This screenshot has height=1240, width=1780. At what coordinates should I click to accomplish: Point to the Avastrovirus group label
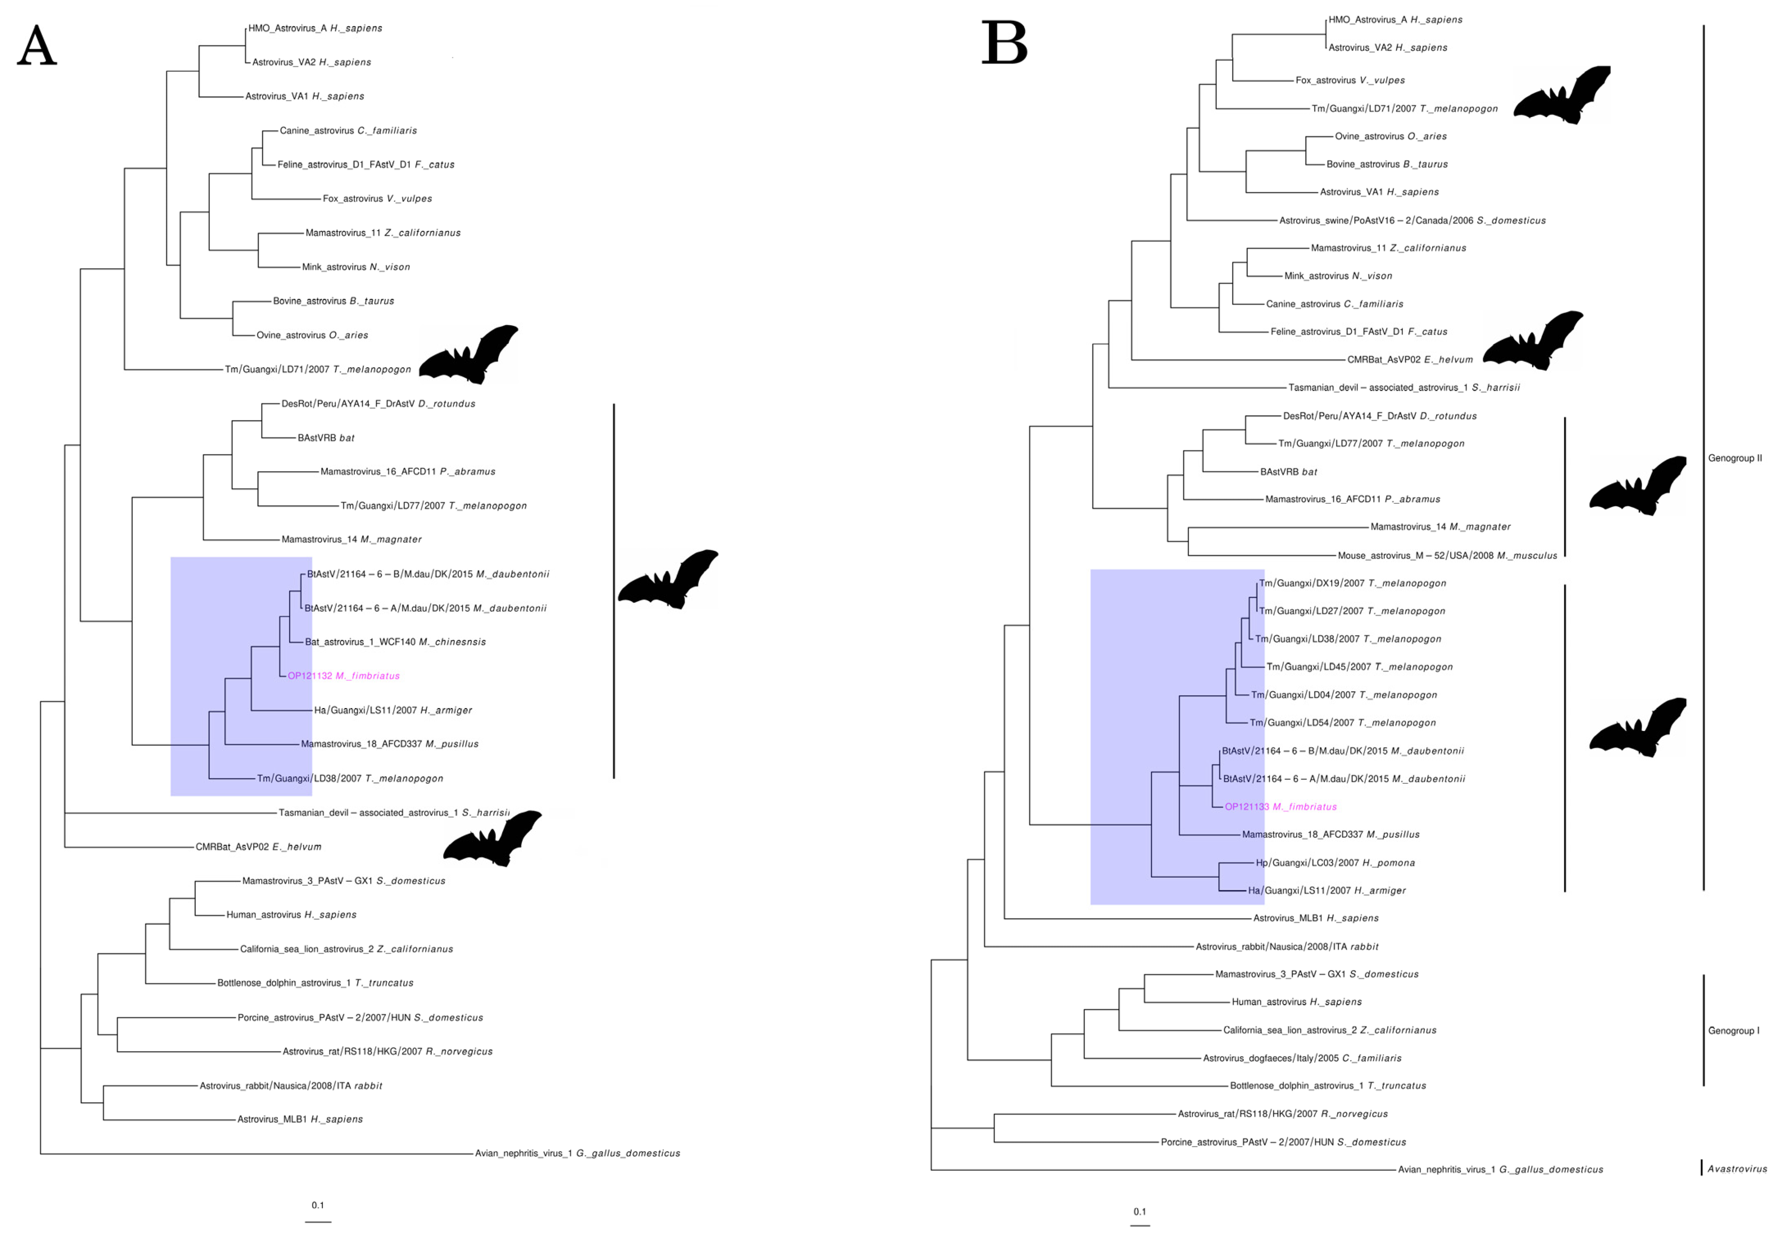(1737, 1169)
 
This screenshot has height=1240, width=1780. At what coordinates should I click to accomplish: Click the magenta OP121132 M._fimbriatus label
(343, 676)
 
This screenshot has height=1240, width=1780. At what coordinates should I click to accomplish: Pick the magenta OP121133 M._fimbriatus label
(1281, 807)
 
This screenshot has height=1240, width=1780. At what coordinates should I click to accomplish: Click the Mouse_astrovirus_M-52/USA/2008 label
(1447, 556)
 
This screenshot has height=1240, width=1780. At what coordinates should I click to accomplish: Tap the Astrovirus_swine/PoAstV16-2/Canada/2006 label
(1412, 220)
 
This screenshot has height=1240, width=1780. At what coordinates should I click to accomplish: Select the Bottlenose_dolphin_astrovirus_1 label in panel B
(1327, 1086)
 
